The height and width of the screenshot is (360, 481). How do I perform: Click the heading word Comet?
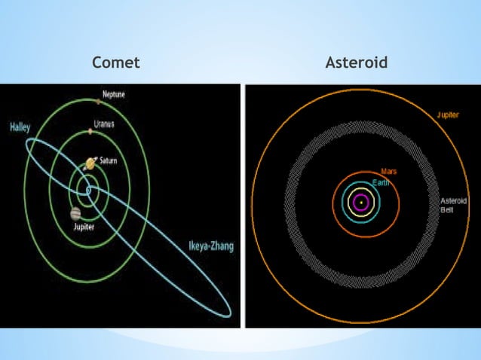click(115, 63)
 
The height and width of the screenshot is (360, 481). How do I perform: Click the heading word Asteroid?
click(357, 63)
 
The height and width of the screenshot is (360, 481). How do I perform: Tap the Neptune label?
click(114, 94)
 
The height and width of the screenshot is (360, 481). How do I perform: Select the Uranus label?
click(104, 124)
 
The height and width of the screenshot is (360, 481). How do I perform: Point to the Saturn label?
click(109, 160)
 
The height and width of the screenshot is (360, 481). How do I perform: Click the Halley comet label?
click(20, 127)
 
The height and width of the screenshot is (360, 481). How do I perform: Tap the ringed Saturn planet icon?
click(90, 163)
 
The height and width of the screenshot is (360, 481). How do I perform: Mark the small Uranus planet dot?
click(90, 131)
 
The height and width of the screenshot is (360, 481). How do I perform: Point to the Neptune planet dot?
click(98, 100)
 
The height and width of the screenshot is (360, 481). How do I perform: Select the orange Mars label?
click(389, 172)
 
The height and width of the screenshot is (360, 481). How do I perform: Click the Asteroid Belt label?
click(454, 206)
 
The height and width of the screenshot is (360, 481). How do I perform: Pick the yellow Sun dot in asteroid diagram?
click(362, 202)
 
